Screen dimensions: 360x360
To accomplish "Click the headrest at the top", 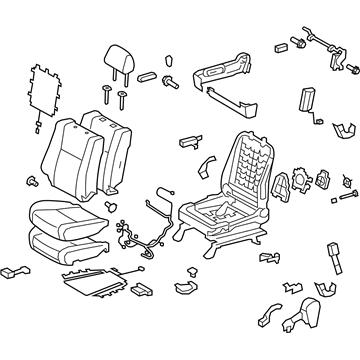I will [x=117, y=61].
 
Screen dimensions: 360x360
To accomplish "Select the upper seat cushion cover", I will [x=63, y=240].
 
